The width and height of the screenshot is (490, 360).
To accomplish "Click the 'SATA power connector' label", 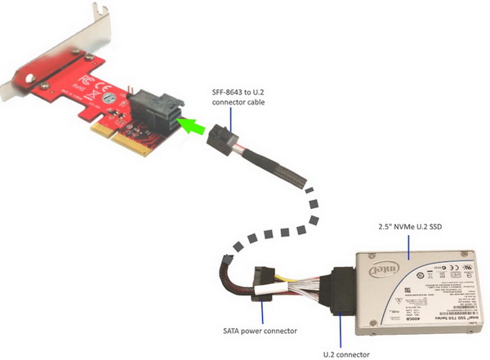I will pyautogui.click(x=260, y=331).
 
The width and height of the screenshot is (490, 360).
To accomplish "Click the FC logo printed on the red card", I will pyautogui.click(x=80, y=82).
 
